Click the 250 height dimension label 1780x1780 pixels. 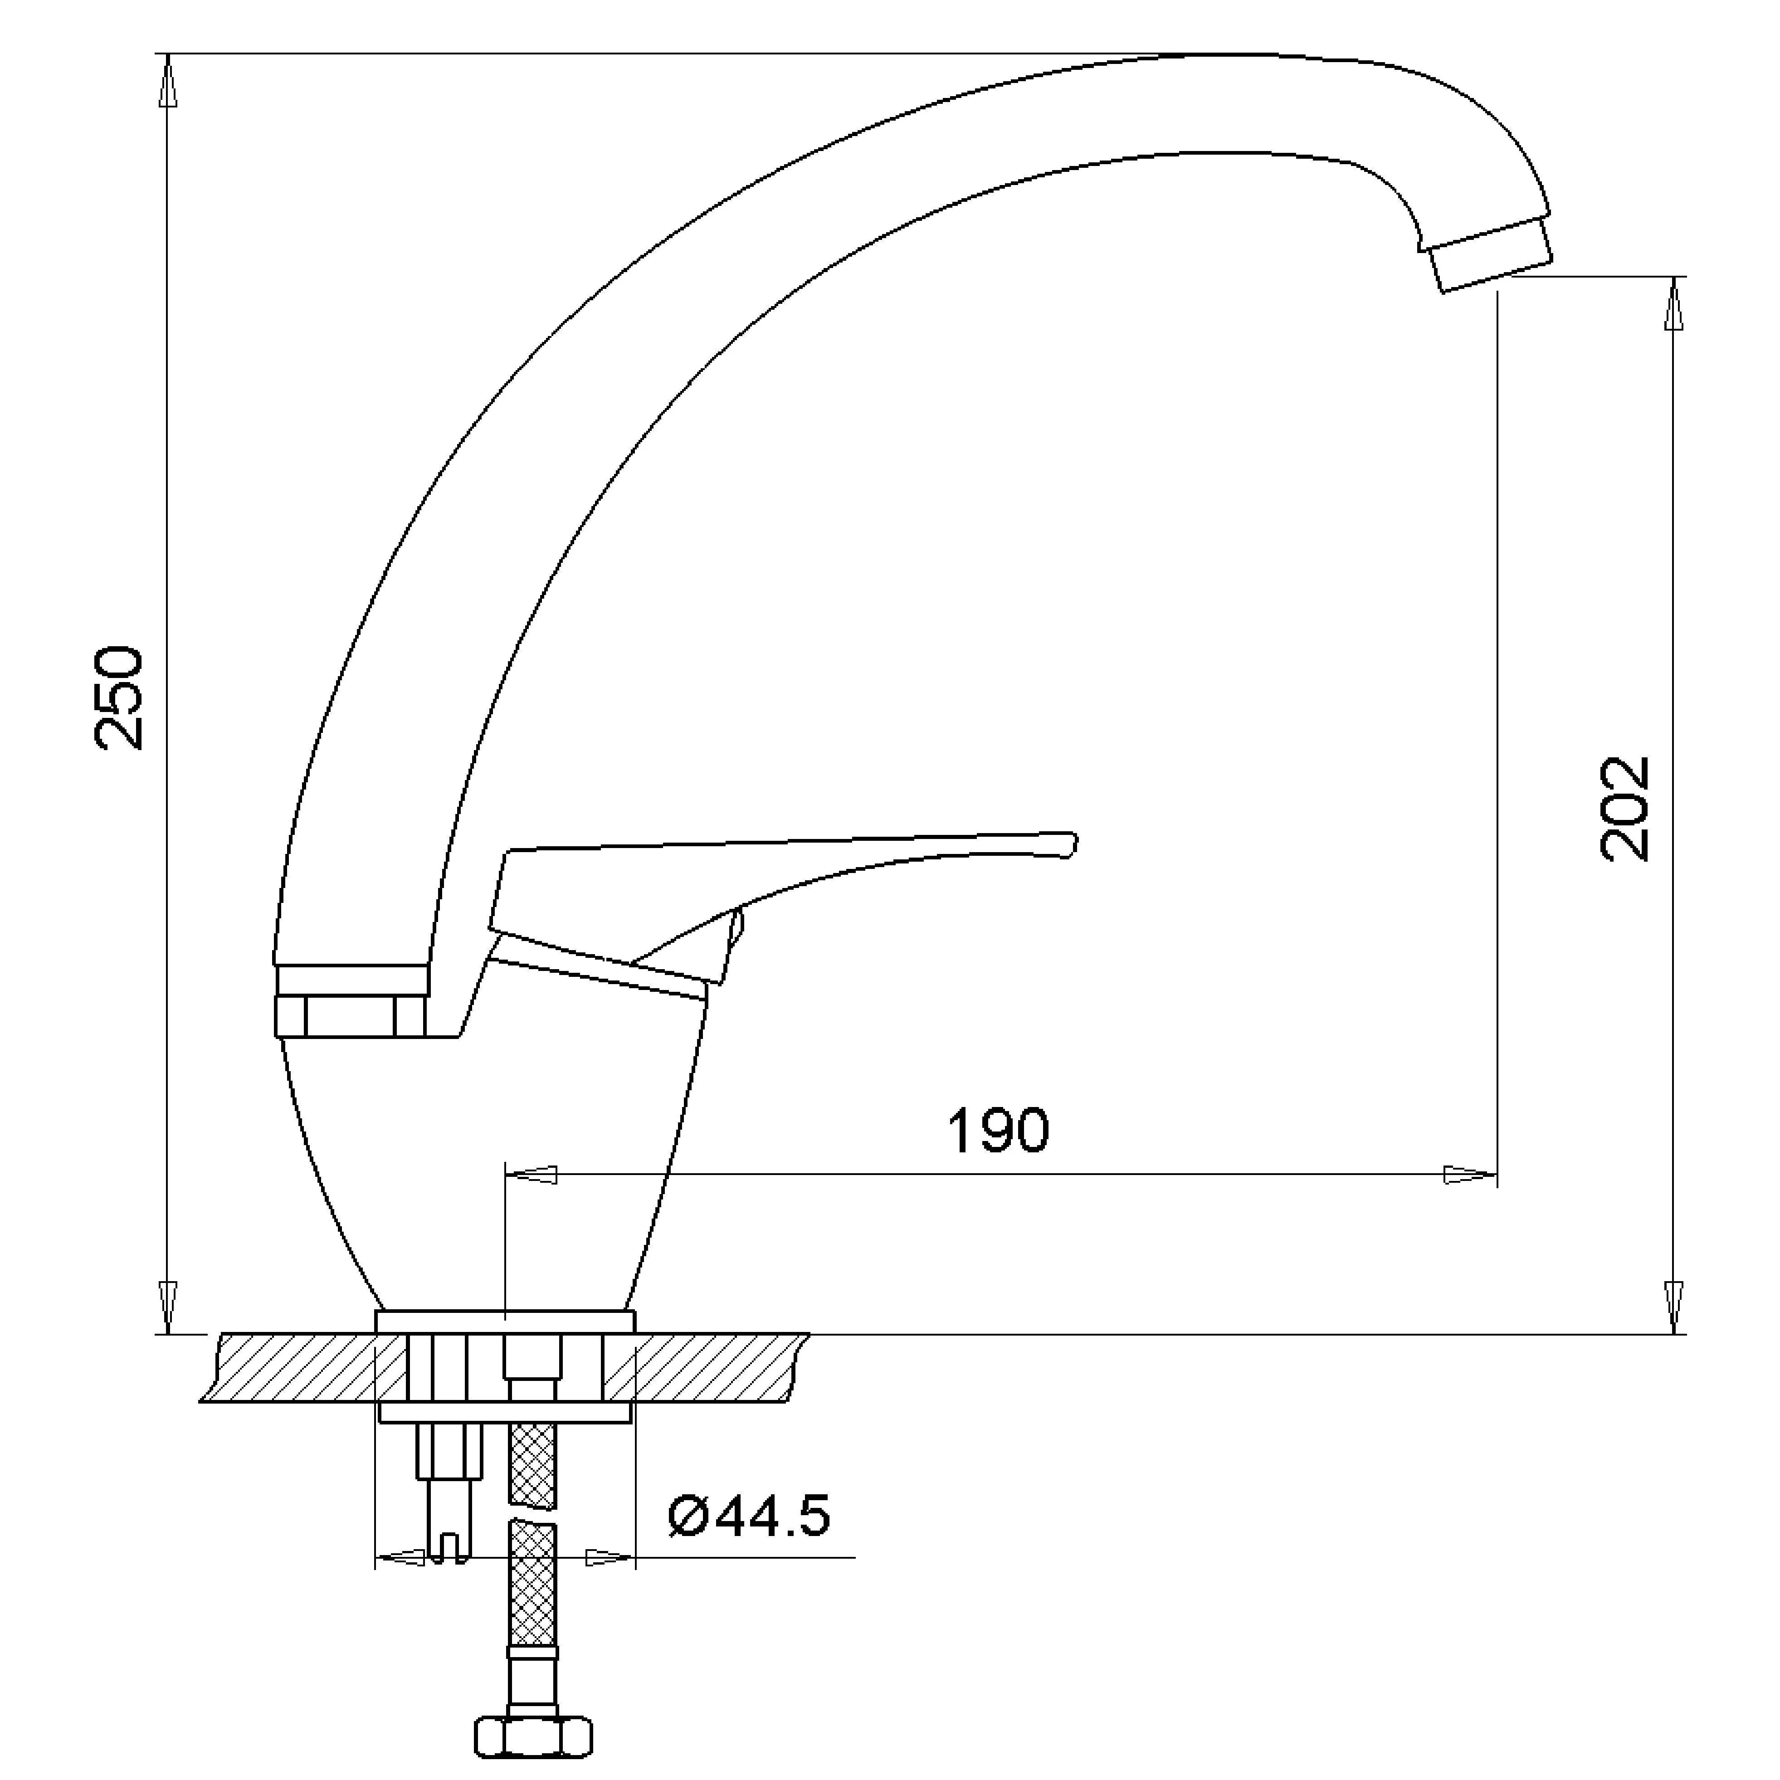tap(120, 697)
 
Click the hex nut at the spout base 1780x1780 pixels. tap(350, 1016)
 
